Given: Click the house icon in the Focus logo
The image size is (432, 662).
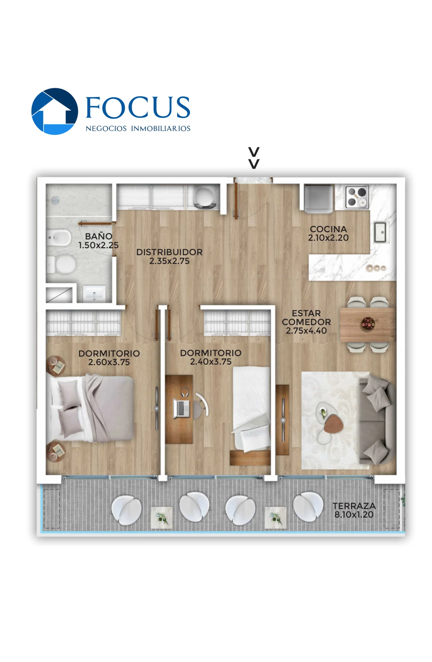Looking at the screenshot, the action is point(54,111).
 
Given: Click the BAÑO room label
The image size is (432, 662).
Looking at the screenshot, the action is point(99,236).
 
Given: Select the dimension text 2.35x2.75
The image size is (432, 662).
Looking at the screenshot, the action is point(169,261).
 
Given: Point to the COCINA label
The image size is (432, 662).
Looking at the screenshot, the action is point(328,229).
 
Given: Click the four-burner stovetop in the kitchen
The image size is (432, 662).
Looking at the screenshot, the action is point(357,197).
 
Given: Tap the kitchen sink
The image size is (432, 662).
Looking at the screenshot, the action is point(380,232).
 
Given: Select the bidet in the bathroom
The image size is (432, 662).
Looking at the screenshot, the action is point(59,238).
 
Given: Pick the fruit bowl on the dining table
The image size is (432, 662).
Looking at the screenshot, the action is point(368,324).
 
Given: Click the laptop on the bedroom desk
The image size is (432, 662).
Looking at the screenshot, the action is point(181,408).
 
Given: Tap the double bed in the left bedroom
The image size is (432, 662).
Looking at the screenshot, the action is point(90,408).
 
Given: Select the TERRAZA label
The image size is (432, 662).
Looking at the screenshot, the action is point(354,506).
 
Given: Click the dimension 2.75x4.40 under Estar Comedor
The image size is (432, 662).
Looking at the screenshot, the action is point(306,330).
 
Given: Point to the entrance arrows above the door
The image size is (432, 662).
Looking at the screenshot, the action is point(254,158).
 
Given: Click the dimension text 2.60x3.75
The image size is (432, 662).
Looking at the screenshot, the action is point(109,362).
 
